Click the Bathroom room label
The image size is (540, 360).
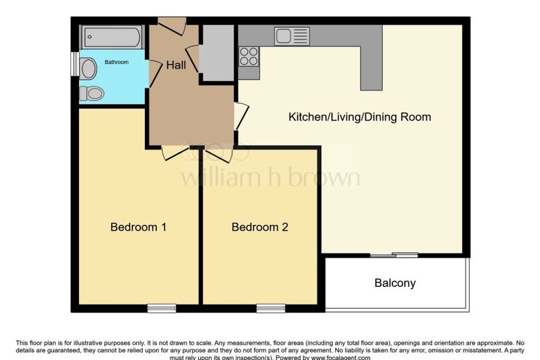116,62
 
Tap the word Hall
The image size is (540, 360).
176,65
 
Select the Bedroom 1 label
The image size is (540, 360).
138,227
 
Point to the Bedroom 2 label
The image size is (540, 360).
259,227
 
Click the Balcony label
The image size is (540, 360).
395,283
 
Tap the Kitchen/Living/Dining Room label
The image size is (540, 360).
360,117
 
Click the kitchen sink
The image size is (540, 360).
292,36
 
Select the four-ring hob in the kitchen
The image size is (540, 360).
249,56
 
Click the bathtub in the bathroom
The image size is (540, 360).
112,37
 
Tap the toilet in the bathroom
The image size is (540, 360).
92,93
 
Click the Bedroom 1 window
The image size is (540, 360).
162,308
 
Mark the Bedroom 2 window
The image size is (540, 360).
271,308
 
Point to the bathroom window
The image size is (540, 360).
74,64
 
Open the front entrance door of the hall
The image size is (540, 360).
172,26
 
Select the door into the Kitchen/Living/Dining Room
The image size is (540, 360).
241,116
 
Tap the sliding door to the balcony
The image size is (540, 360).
394,255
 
